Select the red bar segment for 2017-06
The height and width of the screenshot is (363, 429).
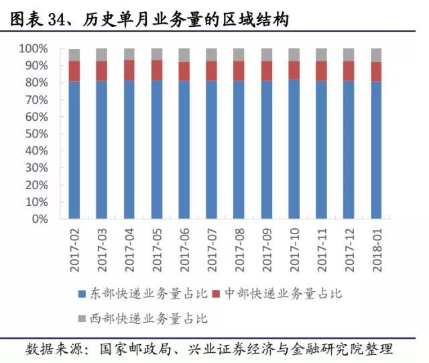[184, 71]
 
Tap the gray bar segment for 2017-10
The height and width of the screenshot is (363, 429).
[294, 54]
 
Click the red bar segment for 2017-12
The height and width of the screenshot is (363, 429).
[349, 71]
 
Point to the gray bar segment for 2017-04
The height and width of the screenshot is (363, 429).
[129, 54]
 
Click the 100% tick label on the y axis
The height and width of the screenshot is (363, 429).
[34, 49]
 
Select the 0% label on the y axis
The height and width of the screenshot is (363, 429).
[39, 219]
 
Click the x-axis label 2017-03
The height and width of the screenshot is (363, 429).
[103, 249]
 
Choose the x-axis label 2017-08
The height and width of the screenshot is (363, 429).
[239, 249]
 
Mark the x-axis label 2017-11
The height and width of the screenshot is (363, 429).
[322, 249]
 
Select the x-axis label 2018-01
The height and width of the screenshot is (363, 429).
[377, 249]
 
